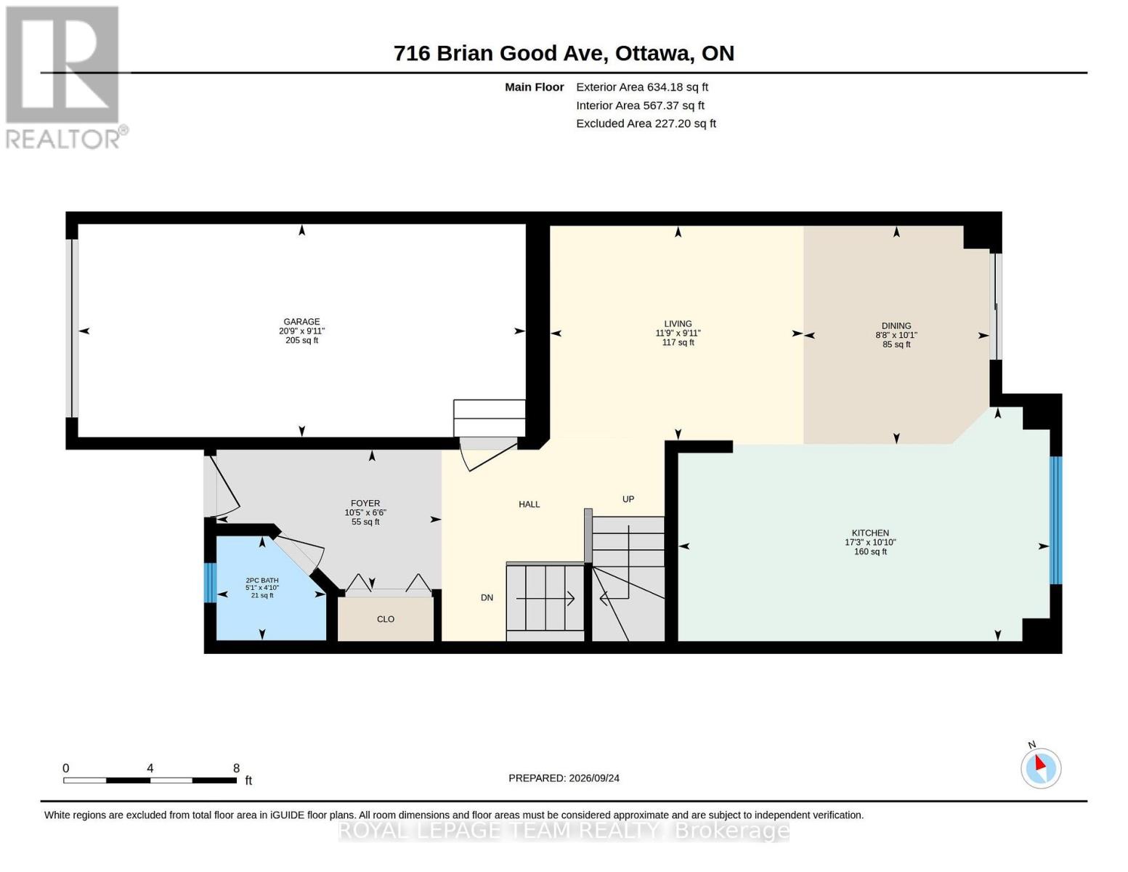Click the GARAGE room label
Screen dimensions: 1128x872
tap(301, 321)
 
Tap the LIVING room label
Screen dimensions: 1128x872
tap(678, 323)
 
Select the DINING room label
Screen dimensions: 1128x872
tap(896, 326)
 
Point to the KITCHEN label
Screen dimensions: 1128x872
tap(870, 533)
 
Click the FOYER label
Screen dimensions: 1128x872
tap(365, 504)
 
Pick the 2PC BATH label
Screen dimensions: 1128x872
tap(262, 581)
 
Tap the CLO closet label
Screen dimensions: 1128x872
tap(385, 619)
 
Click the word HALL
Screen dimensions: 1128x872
tap(529, 504)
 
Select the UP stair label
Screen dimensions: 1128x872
tap(628, 499)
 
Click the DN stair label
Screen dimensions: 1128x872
tap(487, 598)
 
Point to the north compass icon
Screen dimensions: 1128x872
tap(1040, 767)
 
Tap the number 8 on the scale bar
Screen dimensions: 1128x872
tap(236, 768)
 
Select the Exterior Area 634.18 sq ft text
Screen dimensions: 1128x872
tap(641, 87)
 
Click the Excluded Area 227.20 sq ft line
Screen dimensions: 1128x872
tap(646, 124)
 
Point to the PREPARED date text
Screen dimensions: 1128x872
tap(564, 778)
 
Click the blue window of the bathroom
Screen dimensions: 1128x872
tap(210, 583)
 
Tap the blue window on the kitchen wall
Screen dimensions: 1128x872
tap(1055, 520)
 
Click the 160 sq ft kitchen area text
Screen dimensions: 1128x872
tap(870, 552)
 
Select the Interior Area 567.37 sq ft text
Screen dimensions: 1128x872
tap(640, 105)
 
